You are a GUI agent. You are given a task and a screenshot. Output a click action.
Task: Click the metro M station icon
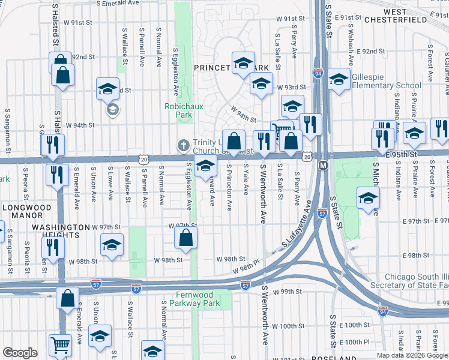coord(322,164)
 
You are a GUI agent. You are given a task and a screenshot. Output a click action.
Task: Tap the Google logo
coord(20,353)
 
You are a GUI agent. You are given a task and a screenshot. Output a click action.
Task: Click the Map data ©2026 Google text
coord(412,355)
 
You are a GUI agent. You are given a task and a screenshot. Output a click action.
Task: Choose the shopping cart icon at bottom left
coord(60,346)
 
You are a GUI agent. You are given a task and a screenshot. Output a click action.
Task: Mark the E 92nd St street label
coord(370,52)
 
